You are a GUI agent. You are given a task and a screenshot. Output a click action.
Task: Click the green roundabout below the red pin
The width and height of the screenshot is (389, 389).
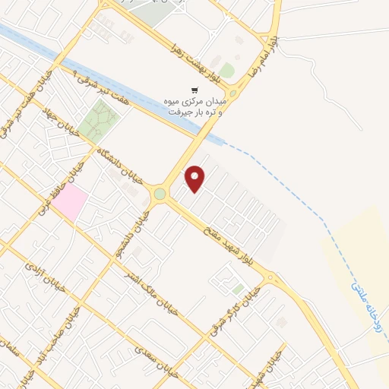tap(160, 194)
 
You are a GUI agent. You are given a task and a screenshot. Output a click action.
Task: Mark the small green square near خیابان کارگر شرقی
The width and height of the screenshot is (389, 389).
tap(239, 289)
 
